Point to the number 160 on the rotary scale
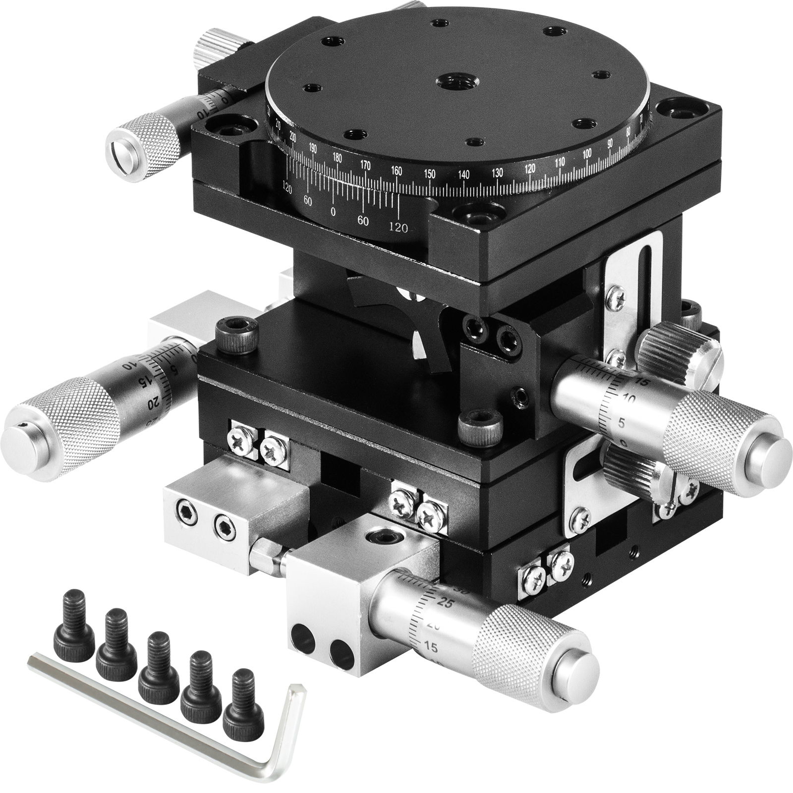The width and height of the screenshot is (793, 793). tap(396, 170)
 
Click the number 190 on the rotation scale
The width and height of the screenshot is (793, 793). tap(312, 147)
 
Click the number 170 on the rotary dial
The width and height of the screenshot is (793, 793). tap(366, 165)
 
